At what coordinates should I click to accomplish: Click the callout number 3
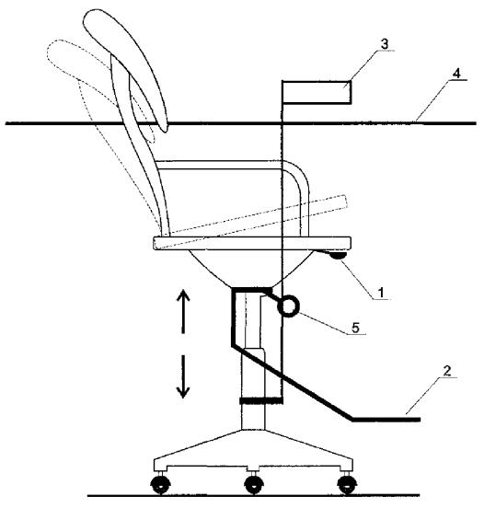point(385,44)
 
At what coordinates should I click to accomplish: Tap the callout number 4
point(456,74)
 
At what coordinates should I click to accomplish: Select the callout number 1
point(381,293)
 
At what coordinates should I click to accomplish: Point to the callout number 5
point(356,328)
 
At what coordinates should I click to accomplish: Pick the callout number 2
point(447,371)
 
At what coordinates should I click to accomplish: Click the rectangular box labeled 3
point(317,92)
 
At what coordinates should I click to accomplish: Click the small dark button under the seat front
point(337,256)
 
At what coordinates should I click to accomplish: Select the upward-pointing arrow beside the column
point(183,312)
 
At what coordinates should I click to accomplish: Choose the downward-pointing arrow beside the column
point(183,376)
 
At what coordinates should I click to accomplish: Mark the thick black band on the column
point(260,400)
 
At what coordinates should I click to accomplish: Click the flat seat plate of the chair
point(252,243)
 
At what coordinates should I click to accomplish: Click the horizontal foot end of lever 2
point(386,420)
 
